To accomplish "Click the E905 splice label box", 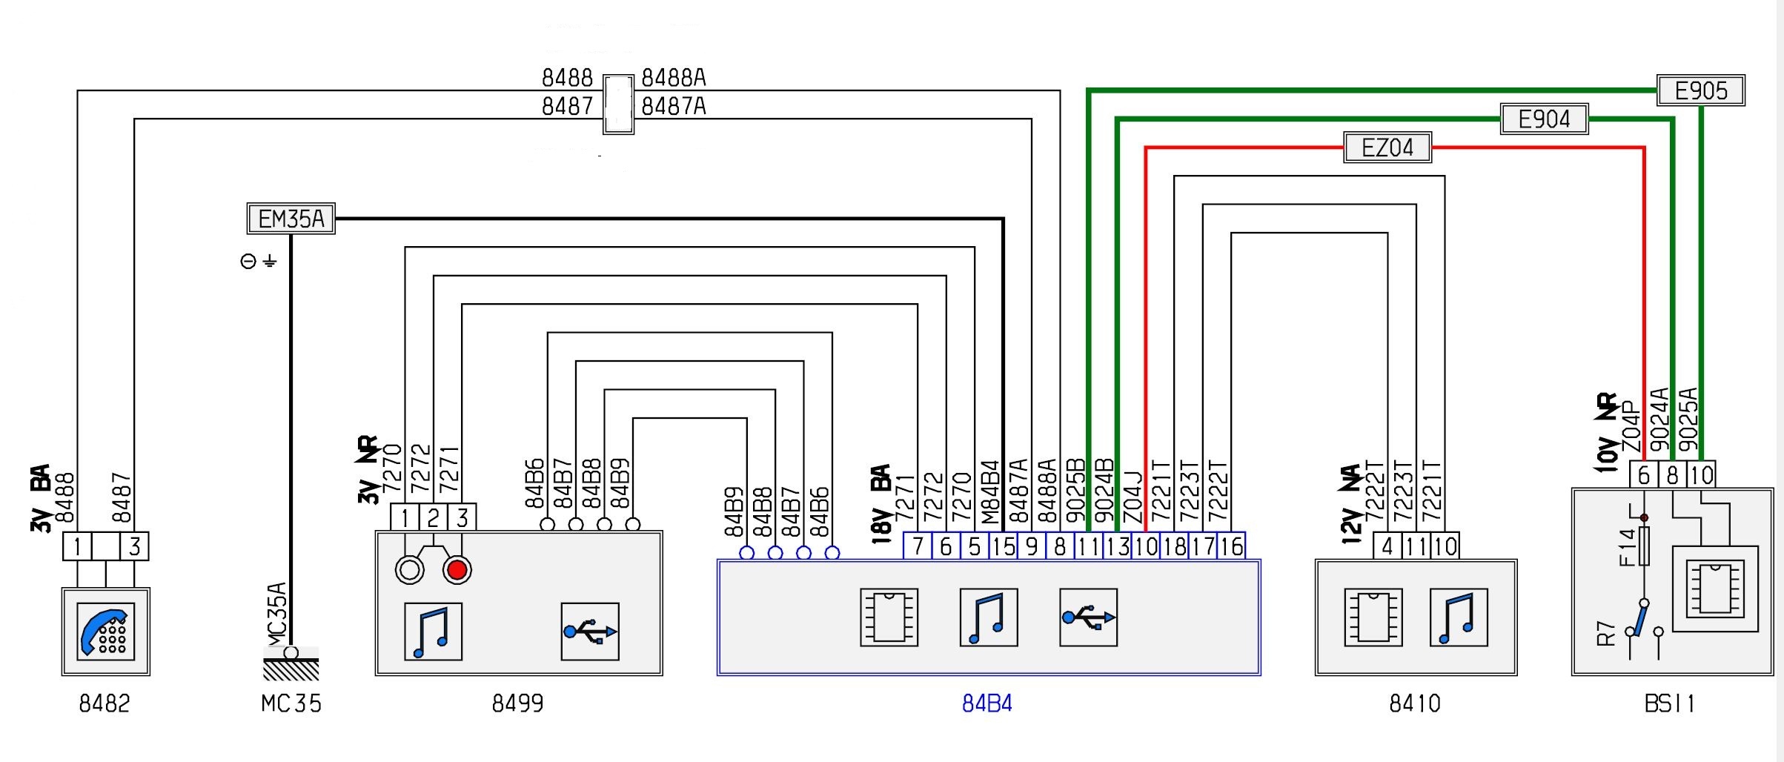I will point(1700,90).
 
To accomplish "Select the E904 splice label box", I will point(1544,119).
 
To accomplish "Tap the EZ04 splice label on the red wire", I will point(1387,148).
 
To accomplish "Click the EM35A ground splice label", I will point(291,219).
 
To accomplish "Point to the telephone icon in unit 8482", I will point(105,631).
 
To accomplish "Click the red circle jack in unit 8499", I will point(457,570).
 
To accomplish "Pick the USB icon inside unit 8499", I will point(590,632).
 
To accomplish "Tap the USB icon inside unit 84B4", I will point(1088,617).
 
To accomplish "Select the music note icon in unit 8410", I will point(1458,617).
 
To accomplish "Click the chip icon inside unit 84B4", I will point(889,617).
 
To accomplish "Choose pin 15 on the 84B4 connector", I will point(1003,546).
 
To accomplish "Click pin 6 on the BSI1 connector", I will point(1644,474).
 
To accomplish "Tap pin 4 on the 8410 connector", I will point(1387,546).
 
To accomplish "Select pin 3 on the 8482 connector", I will point(134,546).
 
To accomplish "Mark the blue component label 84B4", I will point(986,703).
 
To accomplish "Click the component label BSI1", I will point(1669,703).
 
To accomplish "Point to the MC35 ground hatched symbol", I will point(291,668).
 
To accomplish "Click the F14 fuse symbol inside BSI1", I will point(1644,547).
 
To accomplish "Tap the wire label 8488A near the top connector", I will point(673,78).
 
